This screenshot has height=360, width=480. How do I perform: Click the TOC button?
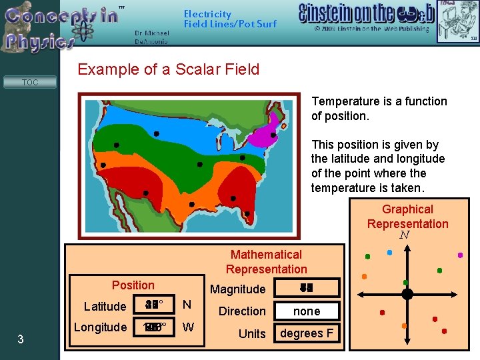click(30, 83)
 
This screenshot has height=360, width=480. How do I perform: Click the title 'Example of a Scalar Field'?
click(168, 69)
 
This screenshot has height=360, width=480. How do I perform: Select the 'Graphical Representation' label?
click(407, 217)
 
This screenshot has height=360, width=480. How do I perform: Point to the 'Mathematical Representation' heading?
click(266, 261)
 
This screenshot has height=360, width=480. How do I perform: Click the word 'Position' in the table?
click(133, 285)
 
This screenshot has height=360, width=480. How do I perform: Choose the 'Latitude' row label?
click(105, 307)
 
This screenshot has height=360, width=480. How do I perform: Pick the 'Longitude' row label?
click(100, 327)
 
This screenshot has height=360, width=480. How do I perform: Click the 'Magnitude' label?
click(237, 289)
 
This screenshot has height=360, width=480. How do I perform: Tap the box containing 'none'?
click(307, 311)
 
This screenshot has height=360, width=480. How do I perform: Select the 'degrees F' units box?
click(307, 333)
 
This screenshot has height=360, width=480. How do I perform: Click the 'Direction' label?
click(242, 311)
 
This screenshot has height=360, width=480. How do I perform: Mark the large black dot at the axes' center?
click(407, 293)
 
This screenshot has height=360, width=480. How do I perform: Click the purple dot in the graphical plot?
click(460, 255)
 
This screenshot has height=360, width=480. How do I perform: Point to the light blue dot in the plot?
click(390, 253)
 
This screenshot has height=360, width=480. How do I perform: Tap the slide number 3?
click(21, 340)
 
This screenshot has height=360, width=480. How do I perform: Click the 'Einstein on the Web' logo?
click(366, 14)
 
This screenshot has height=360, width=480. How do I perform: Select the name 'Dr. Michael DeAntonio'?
click(151, 37)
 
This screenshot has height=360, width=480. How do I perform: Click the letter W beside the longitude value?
click(188, 327)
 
